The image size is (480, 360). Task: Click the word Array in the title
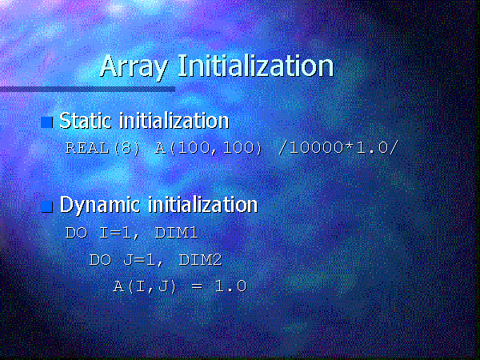[x=134, y=67]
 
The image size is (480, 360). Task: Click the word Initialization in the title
[x=256, y=66]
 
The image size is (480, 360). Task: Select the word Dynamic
[x=100, y=206]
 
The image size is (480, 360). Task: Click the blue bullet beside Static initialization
[x=47, y=122]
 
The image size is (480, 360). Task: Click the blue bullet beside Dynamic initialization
[x=47, y=206]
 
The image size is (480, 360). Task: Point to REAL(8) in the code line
[x=103, y=148]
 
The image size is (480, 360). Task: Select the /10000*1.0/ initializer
[x=338, y=148]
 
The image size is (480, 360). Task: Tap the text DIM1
[x=176, y=233]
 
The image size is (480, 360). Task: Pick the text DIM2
[x=200, y=260]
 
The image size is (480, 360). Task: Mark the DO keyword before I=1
[x=77, y=233]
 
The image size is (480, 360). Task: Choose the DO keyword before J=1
[x=101, y=260]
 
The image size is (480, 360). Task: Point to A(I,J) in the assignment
[x=145, y=287]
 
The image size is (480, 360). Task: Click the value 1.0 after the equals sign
[x=231, y=286]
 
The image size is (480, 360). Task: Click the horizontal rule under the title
[x=87, y=90]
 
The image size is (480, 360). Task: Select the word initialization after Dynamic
[x=203, y=204]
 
